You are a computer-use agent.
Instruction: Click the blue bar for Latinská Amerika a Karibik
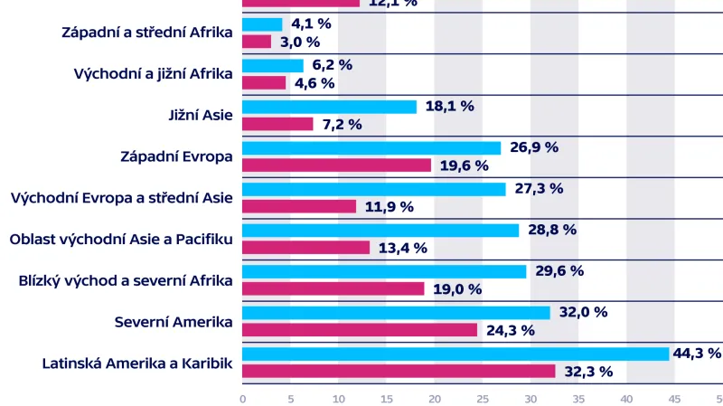click(455, 354)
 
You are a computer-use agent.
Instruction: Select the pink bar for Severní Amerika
click(360, 330)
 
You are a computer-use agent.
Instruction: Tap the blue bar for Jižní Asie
click(330, 107)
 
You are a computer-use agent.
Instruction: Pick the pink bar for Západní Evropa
click(337, 165)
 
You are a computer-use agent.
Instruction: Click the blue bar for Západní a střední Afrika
click(262, 24)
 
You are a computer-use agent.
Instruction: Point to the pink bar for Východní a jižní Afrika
click(264, 83)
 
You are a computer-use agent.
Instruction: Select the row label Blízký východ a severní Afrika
click(126, 280)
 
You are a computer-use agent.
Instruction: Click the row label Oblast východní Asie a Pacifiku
click(121, 240)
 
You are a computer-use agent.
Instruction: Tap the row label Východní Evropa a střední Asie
click(122, 198)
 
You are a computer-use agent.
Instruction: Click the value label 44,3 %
click(699, 354)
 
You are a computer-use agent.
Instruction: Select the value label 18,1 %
click(449, 106)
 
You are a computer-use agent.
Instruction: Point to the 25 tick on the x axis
click(483, 398)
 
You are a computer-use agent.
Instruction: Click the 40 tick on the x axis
click(626, 398)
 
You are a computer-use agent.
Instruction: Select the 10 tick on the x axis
click(338, 398)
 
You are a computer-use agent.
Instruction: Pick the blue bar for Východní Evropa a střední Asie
click(374, 189)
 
